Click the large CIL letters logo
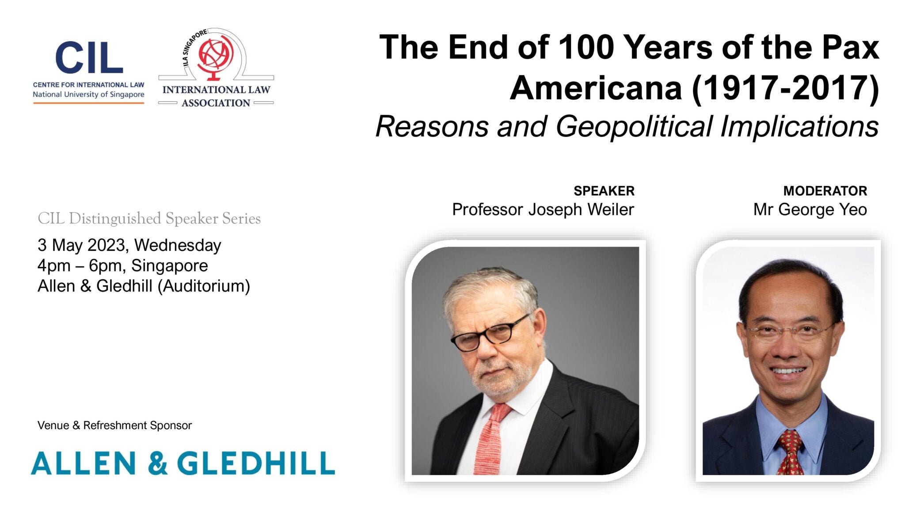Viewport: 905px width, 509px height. [89, 57]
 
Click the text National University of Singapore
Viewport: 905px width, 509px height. [88, 95]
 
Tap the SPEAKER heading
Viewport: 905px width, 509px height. [604, 191]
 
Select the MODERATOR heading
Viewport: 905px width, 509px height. [825, 191]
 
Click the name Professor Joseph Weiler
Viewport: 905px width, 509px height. [543, 210]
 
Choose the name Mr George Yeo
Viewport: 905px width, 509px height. [810, 210]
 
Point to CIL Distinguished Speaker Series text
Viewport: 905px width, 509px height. [149, 219]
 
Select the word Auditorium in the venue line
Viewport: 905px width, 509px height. [204, 286]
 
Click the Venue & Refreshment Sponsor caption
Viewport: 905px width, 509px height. [114, 425]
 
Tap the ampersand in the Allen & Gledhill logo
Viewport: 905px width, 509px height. [158, 463]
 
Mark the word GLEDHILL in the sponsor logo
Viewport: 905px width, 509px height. [256, 463]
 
